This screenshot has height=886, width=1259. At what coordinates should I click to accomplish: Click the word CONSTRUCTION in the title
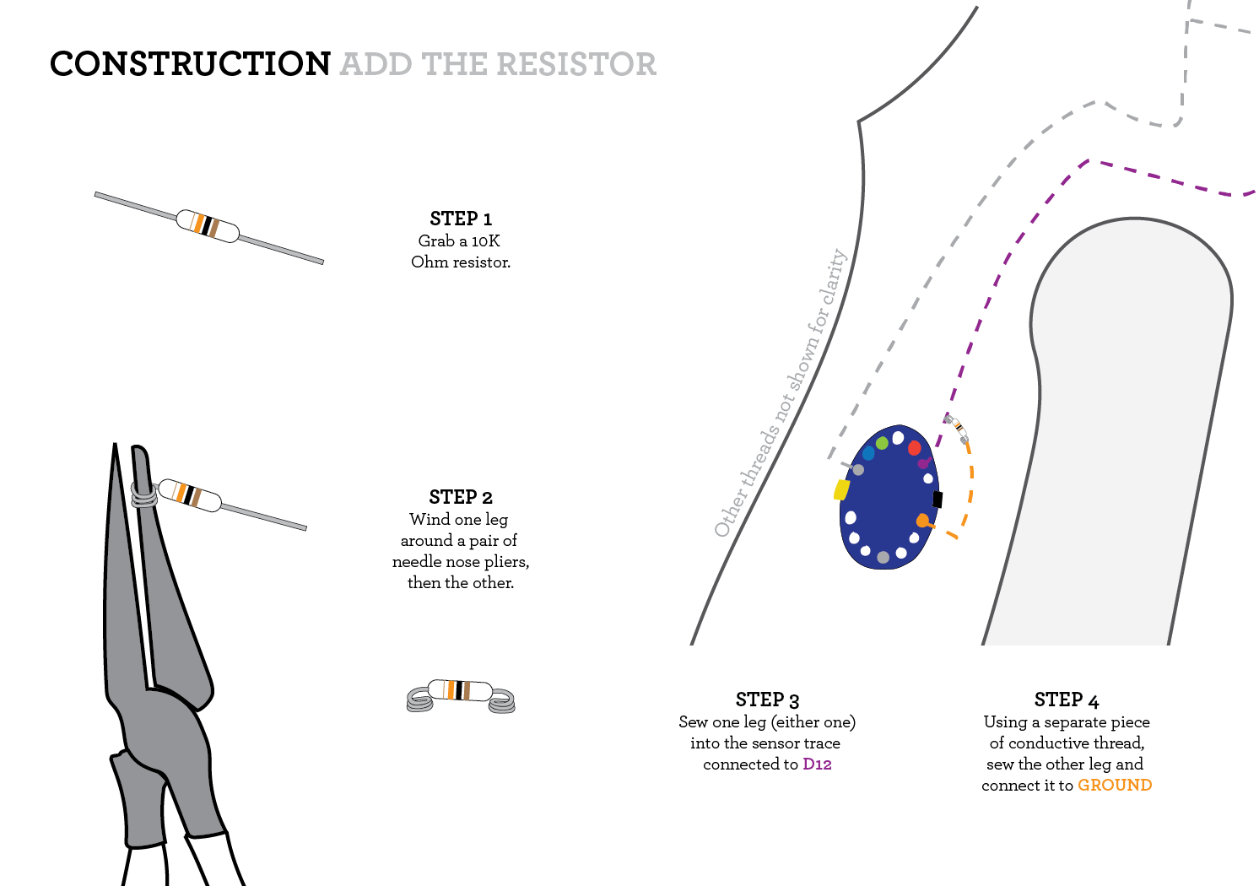[x=190, y=64]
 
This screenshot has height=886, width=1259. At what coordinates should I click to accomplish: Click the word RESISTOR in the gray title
[x=576, y=64]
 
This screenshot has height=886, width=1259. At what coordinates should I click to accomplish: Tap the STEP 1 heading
[x=460, y=219]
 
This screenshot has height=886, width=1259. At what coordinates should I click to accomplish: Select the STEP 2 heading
[x=460, y=497]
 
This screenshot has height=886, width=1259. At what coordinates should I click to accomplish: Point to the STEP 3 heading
[x=766, y=700]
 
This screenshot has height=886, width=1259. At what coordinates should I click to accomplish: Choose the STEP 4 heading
[x=1066, y=700]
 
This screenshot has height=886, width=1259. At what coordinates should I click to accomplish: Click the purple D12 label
[x=817, y=764]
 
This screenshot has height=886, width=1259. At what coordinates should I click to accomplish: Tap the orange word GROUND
[x=1114, y=786]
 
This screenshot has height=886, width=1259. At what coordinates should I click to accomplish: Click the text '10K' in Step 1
[x=485, y=241]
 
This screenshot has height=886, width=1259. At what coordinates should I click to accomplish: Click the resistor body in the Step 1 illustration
[x=208, y=226]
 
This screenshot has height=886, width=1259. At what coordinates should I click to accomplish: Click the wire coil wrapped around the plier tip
[x=144, y=494]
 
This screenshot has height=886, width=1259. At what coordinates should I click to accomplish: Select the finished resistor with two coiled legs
[x=461, y=694]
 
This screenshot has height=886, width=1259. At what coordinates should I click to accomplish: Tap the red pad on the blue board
[x=914, y=447]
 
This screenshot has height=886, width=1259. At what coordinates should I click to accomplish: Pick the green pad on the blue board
[x=882, y=443]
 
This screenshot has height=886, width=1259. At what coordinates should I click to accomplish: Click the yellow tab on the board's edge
[x=841, y=489]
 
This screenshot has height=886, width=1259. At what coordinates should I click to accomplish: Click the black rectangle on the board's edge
[x=937, y=499]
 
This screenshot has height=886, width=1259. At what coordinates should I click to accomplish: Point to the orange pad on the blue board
[x=922, y=521]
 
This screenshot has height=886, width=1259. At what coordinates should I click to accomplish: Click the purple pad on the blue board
[x=923, y=463]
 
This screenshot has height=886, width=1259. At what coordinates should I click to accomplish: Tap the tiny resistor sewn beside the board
[x=957, y=428]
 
